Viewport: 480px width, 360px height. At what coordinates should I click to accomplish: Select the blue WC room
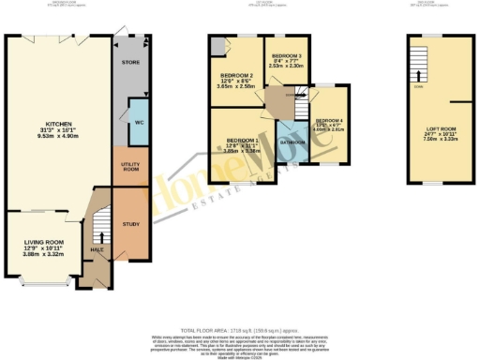(x=139, y=123)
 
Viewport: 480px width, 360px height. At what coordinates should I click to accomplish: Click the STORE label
(x=129, y=63)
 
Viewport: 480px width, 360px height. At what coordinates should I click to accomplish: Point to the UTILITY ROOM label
(x=129, y=166)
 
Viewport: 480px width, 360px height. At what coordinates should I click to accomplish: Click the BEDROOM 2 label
(x=235, y=75)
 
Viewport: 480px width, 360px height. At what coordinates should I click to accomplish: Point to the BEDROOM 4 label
(x=329, y=121)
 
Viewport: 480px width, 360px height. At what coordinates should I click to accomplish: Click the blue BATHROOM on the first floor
(x=292, y=142)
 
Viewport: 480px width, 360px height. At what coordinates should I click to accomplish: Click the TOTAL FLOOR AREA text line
(x=239, y=307)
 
